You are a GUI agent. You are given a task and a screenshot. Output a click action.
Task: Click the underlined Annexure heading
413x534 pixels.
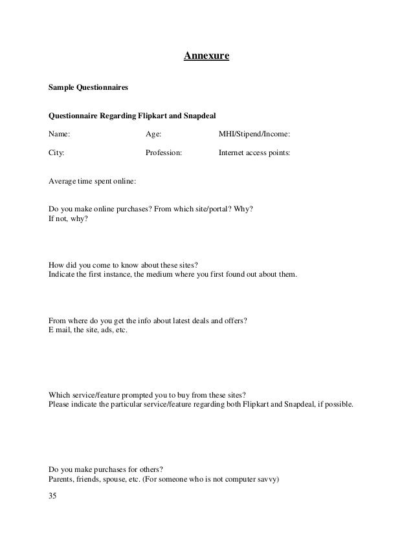206,56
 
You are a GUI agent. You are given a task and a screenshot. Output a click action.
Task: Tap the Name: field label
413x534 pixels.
60,134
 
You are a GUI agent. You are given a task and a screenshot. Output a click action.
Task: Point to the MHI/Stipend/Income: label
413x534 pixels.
254,134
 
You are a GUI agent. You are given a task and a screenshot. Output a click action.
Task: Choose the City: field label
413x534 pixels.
57,154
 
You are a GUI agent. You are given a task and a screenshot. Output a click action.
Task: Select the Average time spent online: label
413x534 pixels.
93,182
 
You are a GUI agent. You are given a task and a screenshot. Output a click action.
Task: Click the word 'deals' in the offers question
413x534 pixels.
192,321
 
